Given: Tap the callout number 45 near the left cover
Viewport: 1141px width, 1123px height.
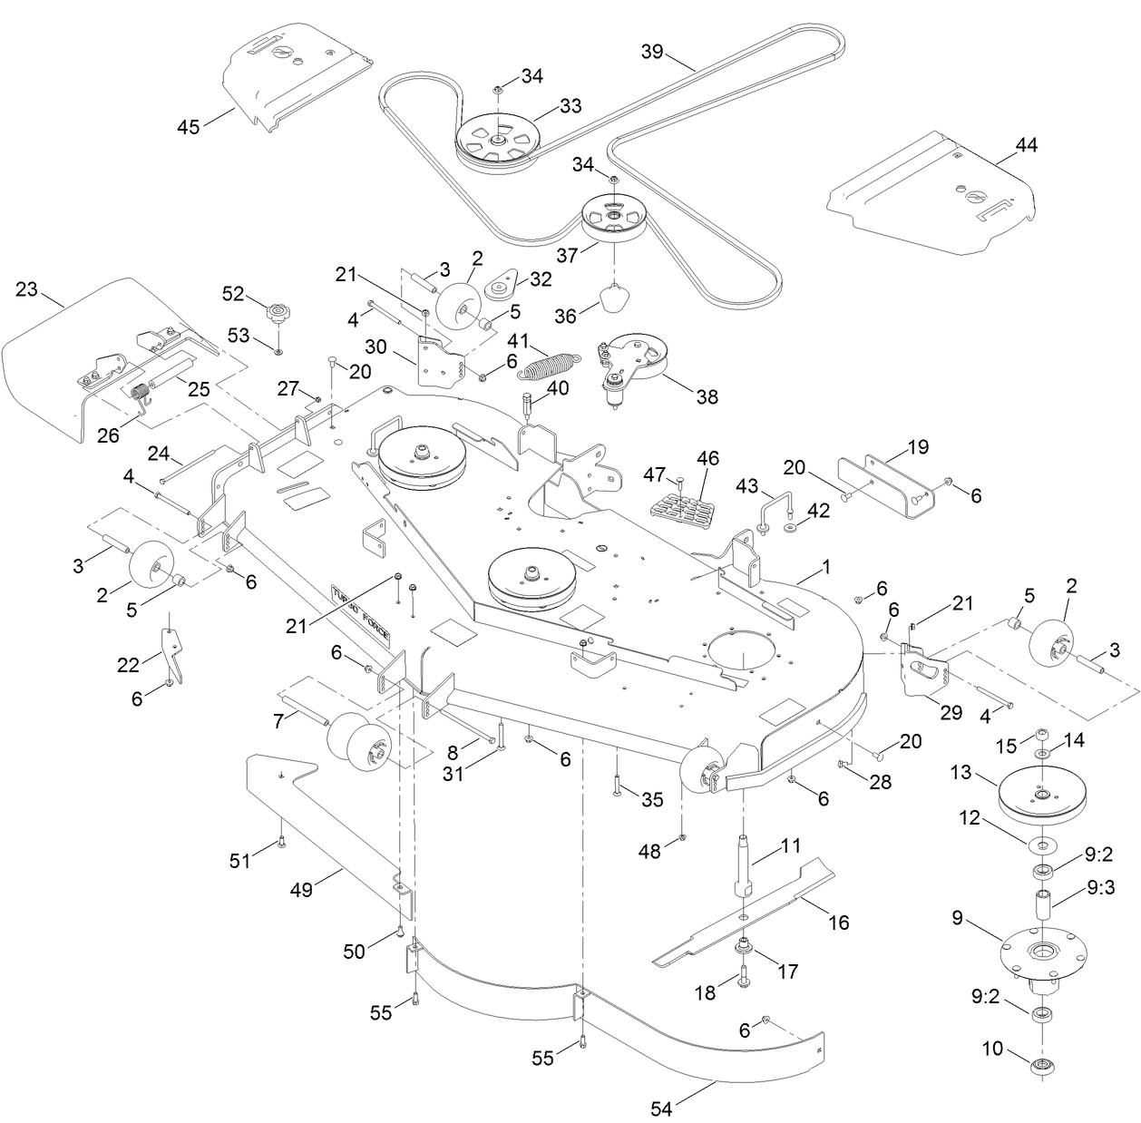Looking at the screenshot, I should pos(189,126).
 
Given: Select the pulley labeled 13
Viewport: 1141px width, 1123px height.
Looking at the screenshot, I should pos(1041,796).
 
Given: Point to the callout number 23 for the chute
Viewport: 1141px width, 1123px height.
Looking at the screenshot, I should pos(27,289).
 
